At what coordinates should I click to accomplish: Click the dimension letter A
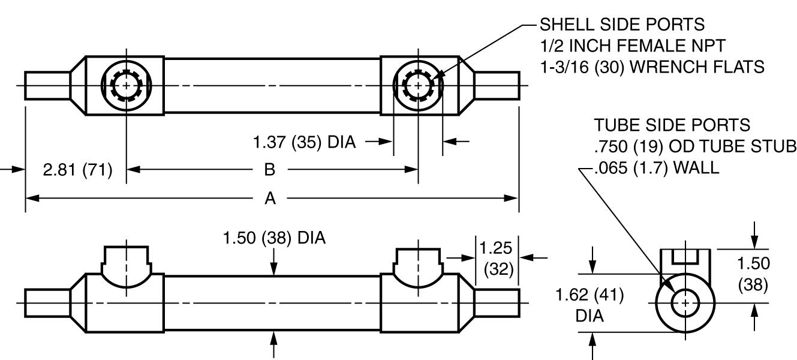coord(270,199)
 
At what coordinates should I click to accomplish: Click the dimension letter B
coord(270,170)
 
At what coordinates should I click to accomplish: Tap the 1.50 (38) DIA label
coord(274,239)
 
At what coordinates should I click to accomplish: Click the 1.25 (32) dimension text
coord(497,259)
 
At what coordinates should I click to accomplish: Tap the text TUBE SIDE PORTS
coord(672,125)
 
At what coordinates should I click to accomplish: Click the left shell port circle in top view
coord(126,86)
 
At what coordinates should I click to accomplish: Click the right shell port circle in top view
coord(417,86)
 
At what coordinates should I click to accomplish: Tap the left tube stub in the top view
coord(48,86)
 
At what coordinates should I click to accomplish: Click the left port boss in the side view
coord(126,264)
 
